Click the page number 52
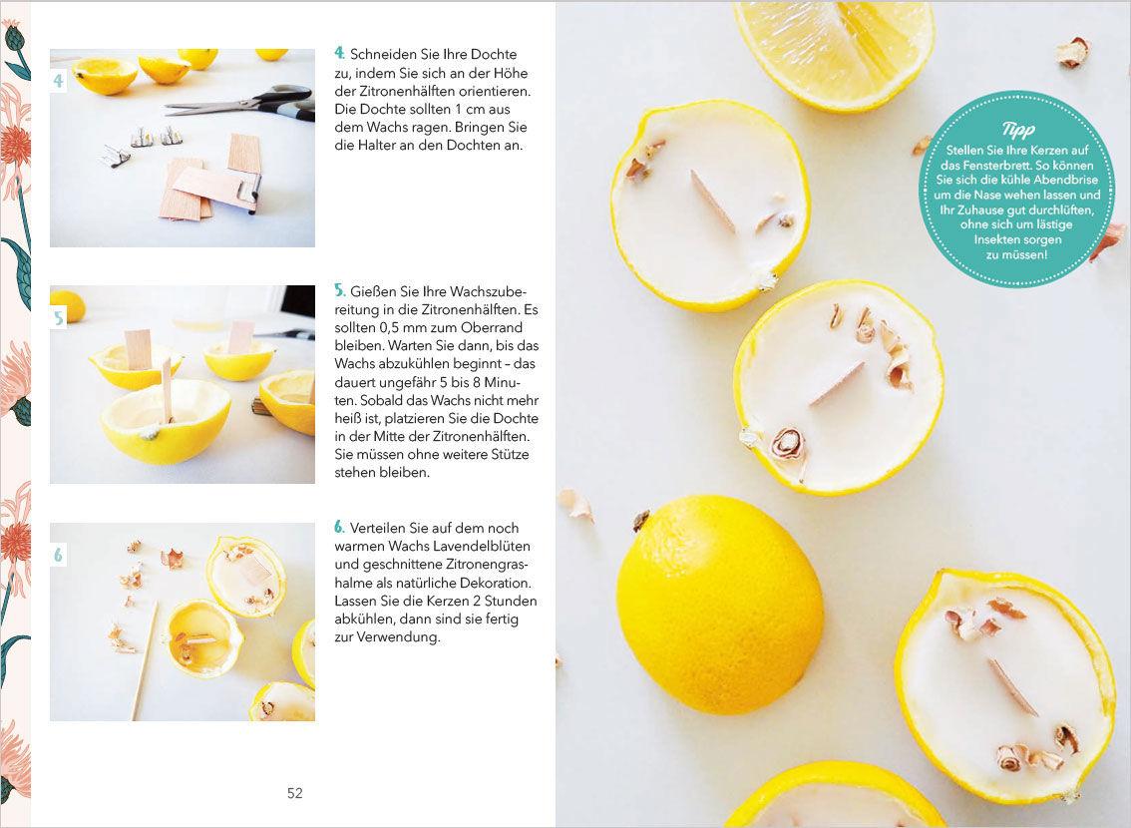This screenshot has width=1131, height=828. point(295,793)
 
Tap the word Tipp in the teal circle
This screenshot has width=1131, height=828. point(1017,129)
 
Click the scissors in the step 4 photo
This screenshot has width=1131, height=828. point(241,103)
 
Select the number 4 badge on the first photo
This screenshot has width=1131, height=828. point(59,80)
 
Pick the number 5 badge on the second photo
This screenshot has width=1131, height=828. point(59,317)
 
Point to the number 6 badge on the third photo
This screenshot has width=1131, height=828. point(59,555)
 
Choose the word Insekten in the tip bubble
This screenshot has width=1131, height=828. point(997,239)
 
